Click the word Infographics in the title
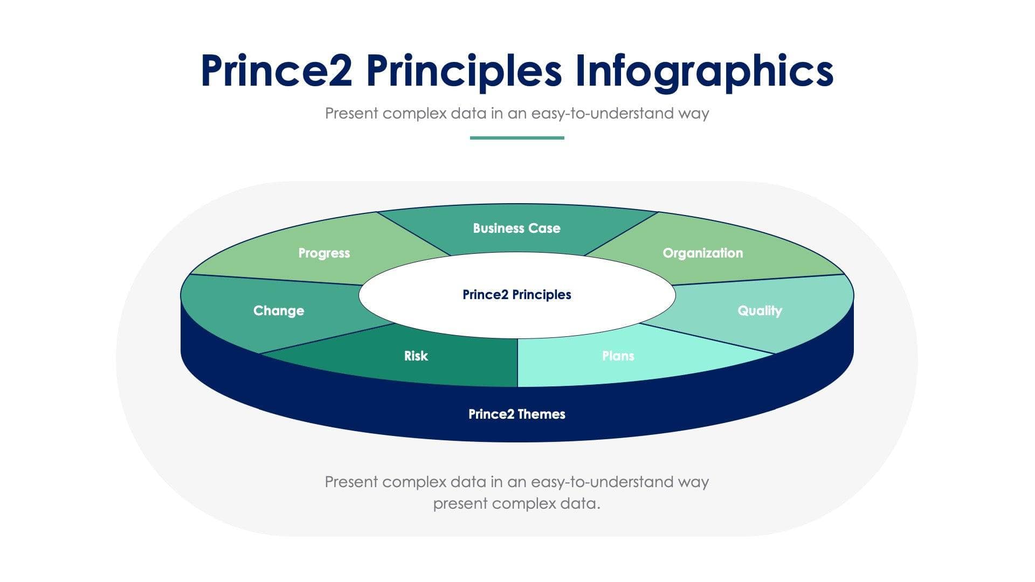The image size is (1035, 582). (x=704, y=71)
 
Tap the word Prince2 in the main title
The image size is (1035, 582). (x=276, y=71)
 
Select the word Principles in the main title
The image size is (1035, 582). (x=464, y=71)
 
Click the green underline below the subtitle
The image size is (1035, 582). (x=517, y=138)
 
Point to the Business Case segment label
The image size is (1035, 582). (x=516, y=228)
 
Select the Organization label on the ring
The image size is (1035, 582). (x=702, y=253)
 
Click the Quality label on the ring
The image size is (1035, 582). (x=760, y=311)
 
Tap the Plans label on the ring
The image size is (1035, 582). (x=618, y=356)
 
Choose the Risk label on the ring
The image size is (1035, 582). (x=416, y=356)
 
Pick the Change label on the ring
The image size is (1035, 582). (x=279, y=311)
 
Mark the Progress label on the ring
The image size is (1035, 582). (x=324, y=253)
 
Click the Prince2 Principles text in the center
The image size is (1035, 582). (x=516, y=295)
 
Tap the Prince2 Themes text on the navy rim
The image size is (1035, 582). (x=516, y=414)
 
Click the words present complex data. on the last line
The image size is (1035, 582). (x=516, y=504)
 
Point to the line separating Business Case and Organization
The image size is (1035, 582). (x=621, y=233)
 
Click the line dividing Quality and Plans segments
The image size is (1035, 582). (x=706, y=338)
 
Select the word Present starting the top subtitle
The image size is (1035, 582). (x=351, y=114)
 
